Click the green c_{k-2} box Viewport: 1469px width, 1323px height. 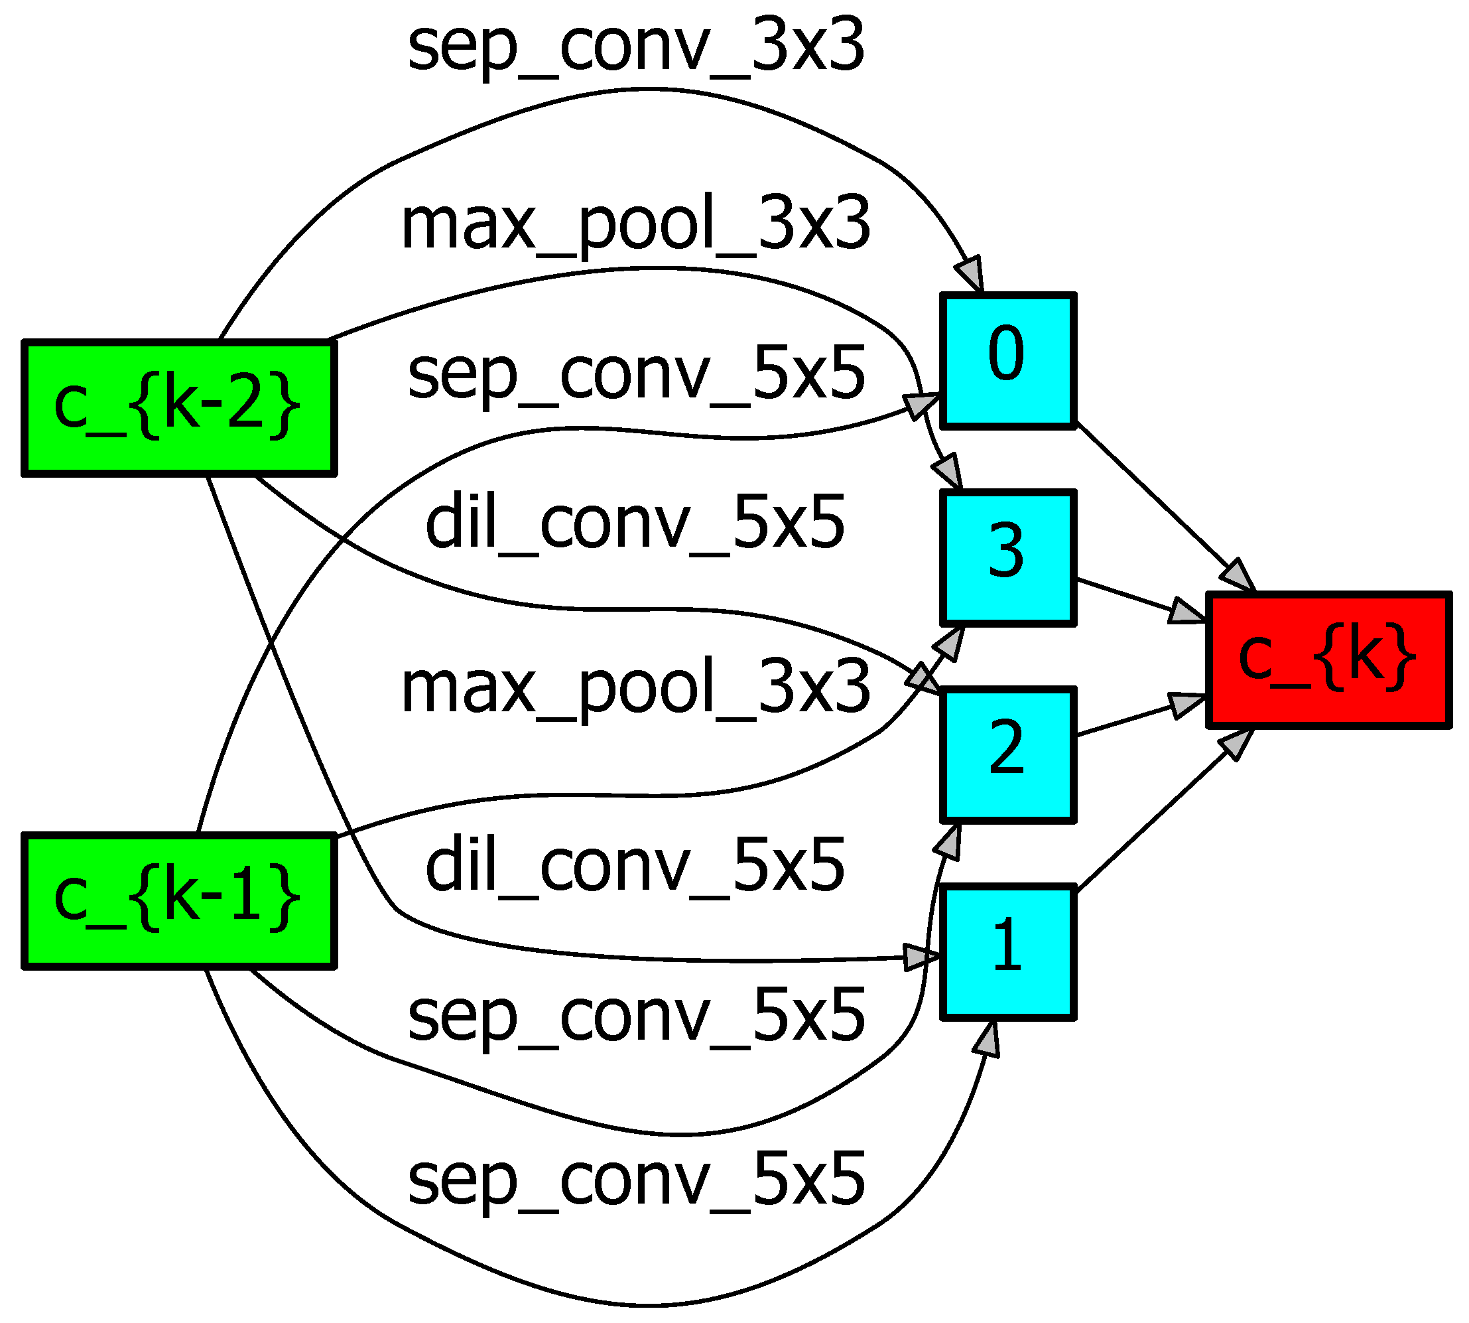tap(178, 408)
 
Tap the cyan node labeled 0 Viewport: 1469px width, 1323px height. tap(1007, 360)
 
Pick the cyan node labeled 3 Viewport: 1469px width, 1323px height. tap(1007, 557)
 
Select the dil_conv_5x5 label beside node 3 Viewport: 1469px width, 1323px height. tap(636, 522)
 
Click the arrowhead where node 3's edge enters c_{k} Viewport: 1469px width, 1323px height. tap(1186, 610)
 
